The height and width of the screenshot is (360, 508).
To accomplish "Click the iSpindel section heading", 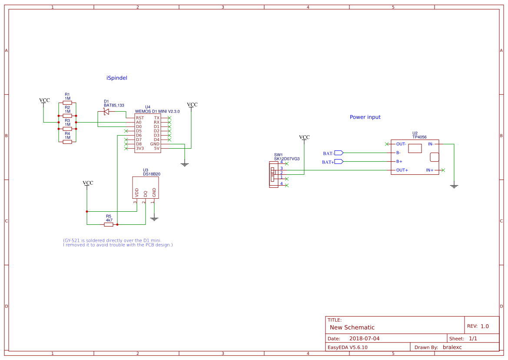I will (116, 78).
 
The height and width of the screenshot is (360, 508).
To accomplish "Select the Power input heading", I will (365, 117).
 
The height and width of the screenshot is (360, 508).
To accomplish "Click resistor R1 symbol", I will (67, 103).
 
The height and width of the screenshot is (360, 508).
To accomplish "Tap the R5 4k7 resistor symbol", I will (109, 225).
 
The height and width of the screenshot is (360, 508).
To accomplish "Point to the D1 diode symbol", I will (106, 112).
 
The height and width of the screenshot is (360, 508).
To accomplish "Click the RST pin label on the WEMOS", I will (140, 118).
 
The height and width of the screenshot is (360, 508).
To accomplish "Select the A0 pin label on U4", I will (139, 122).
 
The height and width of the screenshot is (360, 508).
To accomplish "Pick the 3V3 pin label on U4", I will (140, 148).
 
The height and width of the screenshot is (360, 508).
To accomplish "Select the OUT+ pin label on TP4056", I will (402, 170).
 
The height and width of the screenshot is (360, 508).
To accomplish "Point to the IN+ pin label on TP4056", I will (429, 170).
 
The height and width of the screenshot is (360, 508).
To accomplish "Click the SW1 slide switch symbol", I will (273, 174).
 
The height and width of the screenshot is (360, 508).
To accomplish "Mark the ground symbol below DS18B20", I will (154, 219).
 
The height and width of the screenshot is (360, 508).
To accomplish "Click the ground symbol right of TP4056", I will (454, 186).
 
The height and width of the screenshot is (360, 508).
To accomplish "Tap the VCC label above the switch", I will (304, 137).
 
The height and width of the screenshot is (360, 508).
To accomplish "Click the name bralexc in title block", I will (452, 347).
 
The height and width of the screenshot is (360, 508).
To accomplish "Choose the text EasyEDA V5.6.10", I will (347, 347).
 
